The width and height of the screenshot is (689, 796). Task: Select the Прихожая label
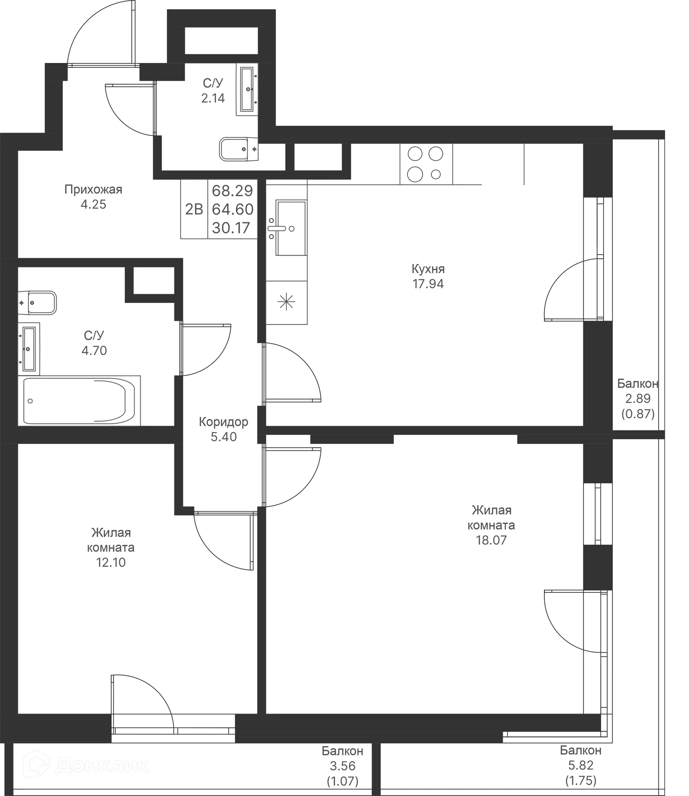pos(93,189)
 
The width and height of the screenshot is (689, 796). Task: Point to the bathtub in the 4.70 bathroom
pos(79,401)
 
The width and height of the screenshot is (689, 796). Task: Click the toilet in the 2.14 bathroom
pos(238,149)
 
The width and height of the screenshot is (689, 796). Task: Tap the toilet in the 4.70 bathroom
pos(37,303)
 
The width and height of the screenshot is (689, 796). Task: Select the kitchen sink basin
pos(291,227)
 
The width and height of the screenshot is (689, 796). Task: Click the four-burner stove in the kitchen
pos(426,164)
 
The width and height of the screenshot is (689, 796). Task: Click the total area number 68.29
pos(233,190)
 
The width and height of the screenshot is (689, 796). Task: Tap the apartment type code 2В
pos(194,209)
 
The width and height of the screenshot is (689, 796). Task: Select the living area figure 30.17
pos(231,228)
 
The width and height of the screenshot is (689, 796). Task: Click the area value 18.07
pos(491,540)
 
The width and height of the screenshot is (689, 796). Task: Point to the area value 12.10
pos(111,563)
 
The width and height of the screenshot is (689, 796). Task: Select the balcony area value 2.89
pos(638,398)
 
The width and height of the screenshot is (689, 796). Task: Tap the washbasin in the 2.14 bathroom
pos(247,89)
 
